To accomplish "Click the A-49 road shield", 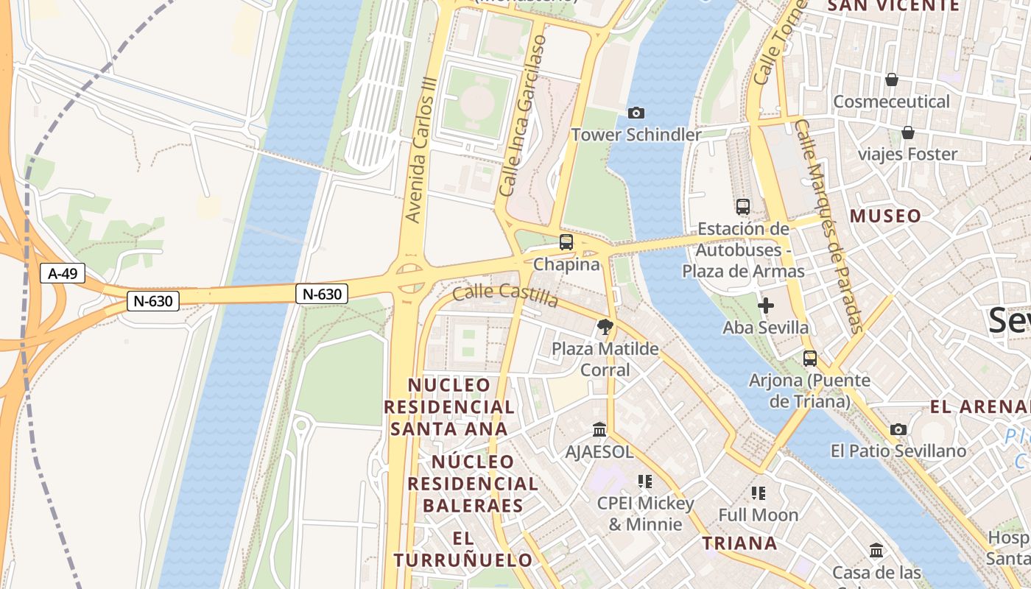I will tap(63, 274).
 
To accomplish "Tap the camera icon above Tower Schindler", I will tap(636, 113).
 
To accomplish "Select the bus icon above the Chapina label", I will tap(566, 241).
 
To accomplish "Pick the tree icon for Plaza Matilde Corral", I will tap(605, 326).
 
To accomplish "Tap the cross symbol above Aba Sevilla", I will tap(766, 305).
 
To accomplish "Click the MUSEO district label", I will tap(886, 216).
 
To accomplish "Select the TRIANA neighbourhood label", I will tap(739, 543).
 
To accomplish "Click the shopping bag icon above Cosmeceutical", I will tap(891, 80).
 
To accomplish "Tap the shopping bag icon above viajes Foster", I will tap(907, 133).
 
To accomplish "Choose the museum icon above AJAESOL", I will tap(599, 429).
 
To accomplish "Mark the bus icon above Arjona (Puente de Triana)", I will tap(810, 359).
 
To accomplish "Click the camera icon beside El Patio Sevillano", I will tap(898, 429).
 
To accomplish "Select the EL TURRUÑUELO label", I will tap(462, 549).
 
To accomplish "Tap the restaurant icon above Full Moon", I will tap(759, 493).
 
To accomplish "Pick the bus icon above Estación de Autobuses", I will tap(743, 207).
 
